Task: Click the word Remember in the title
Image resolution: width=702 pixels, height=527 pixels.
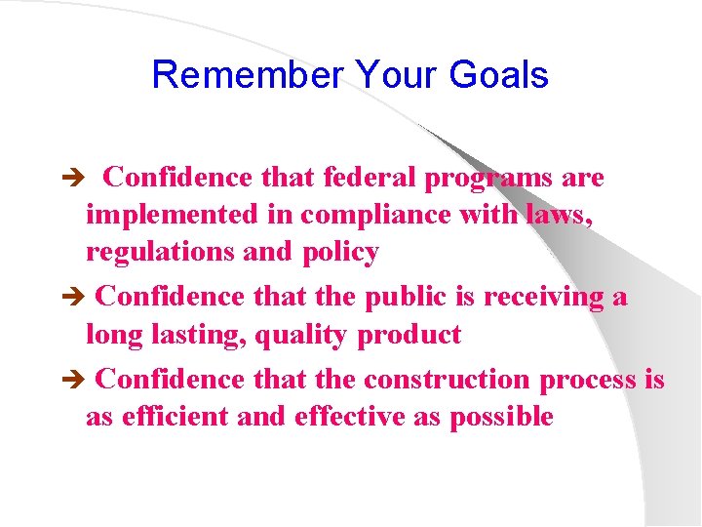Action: pos(249,75)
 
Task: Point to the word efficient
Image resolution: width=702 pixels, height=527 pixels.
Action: pos(174,417)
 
